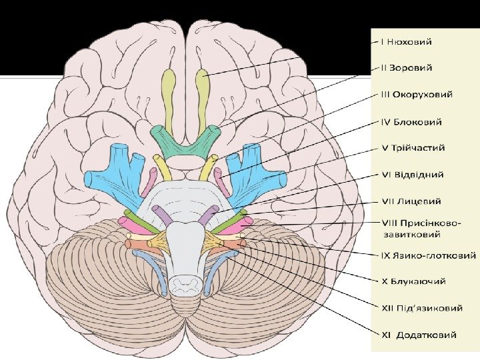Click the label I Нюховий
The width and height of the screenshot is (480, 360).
pyautogui.click(x=406, y=41)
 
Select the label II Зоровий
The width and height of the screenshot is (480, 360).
pyautogui.click(x=406, y=67)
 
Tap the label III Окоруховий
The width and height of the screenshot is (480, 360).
pyautogui.click(x=417, y=94)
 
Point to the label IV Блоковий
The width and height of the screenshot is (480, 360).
pyautogui.click(x=411, y=122)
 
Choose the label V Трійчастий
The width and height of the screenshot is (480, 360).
pyautogui.click(x=413, y=147)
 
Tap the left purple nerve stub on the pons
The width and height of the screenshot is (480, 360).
pyautogui.click(x=161, y=215)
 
